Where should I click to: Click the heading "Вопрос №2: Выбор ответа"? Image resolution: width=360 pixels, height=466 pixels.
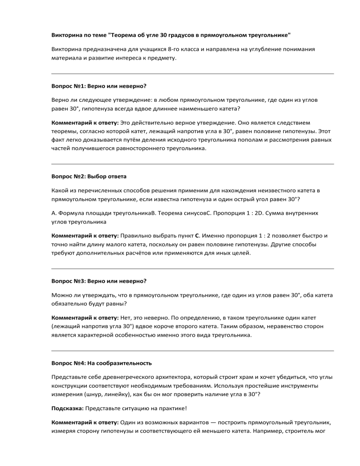89,177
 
